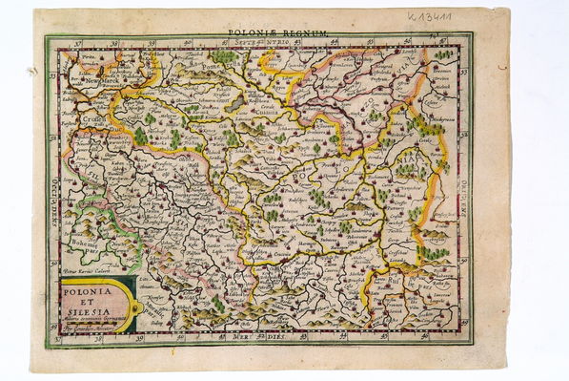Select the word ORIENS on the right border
(465, 187)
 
